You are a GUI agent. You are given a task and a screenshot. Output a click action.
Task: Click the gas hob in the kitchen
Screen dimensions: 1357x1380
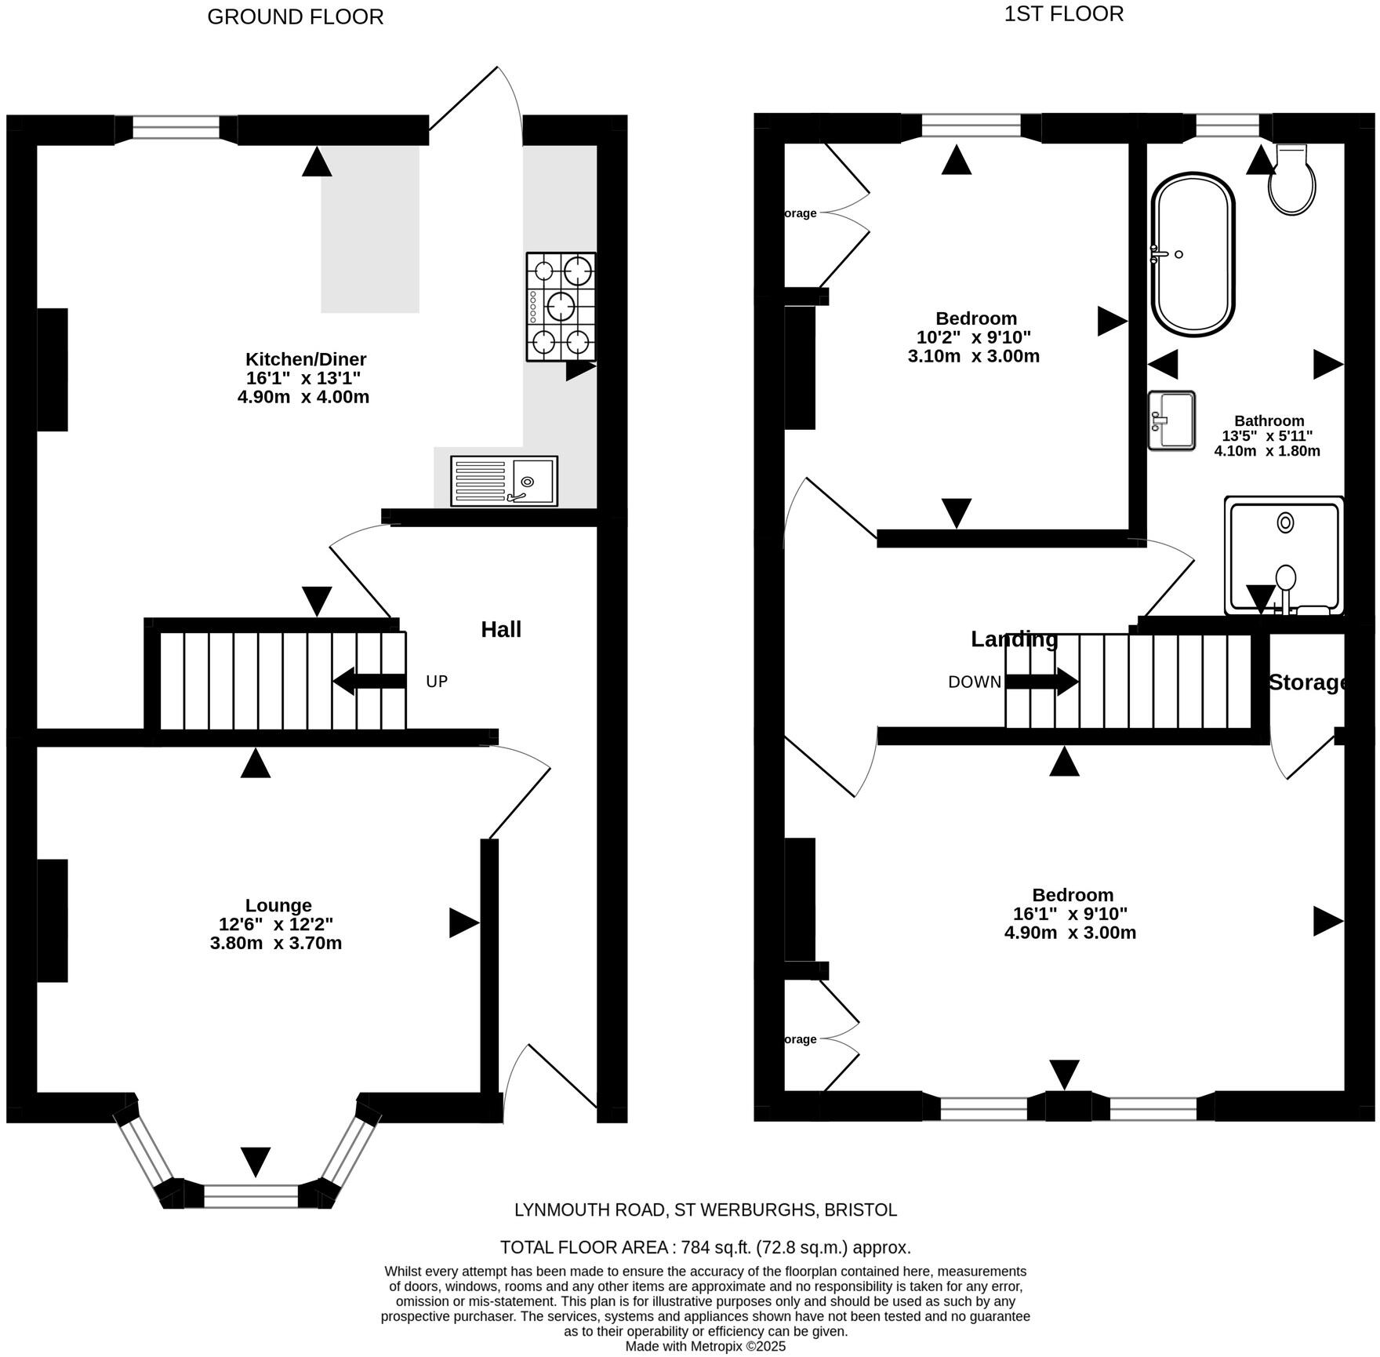(x=561, y=307)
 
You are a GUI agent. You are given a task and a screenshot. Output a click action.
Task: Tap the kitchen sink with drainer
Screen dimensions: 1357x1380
(x=503, y=481)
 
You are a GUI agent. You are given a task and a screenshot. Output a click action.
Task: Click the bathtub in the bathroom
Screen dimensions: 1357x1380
(x=1192, y=256)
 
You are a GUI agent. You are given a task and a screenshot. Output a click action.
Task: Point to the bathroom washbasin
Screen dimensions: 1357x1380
(x=1171, y=421)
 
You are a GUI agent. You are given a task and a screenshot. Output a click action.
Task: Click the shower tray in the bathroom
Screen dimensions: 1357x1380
(x=1284, y=555)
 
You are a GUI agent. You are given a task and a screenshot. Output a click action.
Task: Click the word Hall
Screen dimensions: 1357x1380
(x=501, y=629)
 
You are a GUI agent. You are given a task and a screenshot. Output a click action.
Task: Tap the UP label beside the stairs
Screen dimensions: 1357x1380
(x=437, y=682)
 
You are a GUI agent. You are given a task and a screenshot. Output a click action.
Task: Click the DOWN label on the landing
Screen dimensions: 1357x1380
(x=974, y=682)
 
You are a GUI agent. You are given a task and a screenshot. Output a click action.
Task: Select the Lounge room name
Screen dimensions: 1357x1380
(x=278, y=905)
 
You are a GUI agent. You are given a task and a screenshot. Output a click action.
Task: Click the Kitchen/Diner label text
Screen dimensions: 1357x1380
(x=306, y=359)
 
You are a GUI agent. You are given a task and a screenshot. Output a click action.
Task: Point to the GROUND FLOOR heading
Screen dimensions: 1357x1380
(x=296, y=17)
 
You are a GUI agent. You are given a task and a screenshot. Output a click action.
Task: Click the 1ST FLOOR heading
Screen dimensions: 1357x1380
(x=1063, y=14)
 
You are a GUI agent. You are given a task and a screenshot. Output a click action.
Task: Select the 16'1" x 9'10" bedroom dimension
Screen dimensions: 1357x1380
(x=1069, y=914)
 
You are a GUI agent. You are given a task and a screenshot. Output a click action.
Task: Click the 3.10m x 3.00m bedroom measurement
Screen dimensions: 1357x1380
(x=974, y=356)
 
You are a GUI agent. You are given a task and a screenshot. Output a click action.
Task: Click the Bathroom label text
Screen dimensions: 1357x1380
(x=1269, y=420)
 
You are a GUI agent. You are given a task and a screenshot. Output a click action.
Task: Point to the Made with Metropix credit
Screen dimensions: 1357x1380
(x=705, y=1346)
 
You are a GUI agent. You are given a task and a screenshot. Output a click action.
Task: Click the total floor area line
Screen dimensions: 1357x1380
(x=705, y=1247)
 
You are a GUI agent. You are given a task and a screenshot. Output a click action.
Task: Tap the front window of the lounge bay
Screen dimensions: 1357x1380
(x=251, y=1196)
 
